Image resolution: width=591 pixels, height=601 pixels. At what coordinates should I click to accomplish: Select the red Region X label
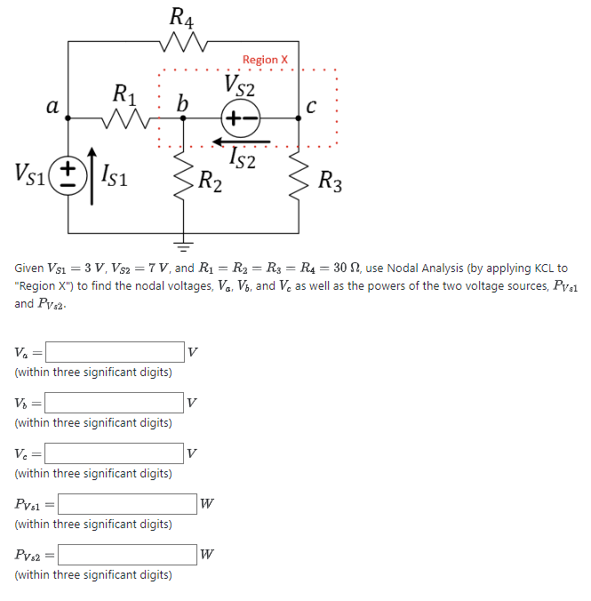pyautogui.click(x=265, y=60)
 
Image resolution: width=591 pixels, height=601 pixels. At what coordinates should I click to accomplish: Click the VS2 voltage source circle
pyautogui.click(x=241, y=118)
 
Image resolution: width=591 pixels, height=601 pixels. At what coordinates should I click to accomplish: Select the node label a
pyautogui.click(x=52, y=107)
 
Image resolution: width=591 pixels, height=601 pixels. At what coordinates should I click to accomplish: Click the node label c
pyautogui.click(x=311, y=106)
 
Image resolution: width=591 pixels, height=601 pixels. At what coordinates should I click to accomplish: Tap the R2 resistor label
pyautogui.click(x=212, y=183)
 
